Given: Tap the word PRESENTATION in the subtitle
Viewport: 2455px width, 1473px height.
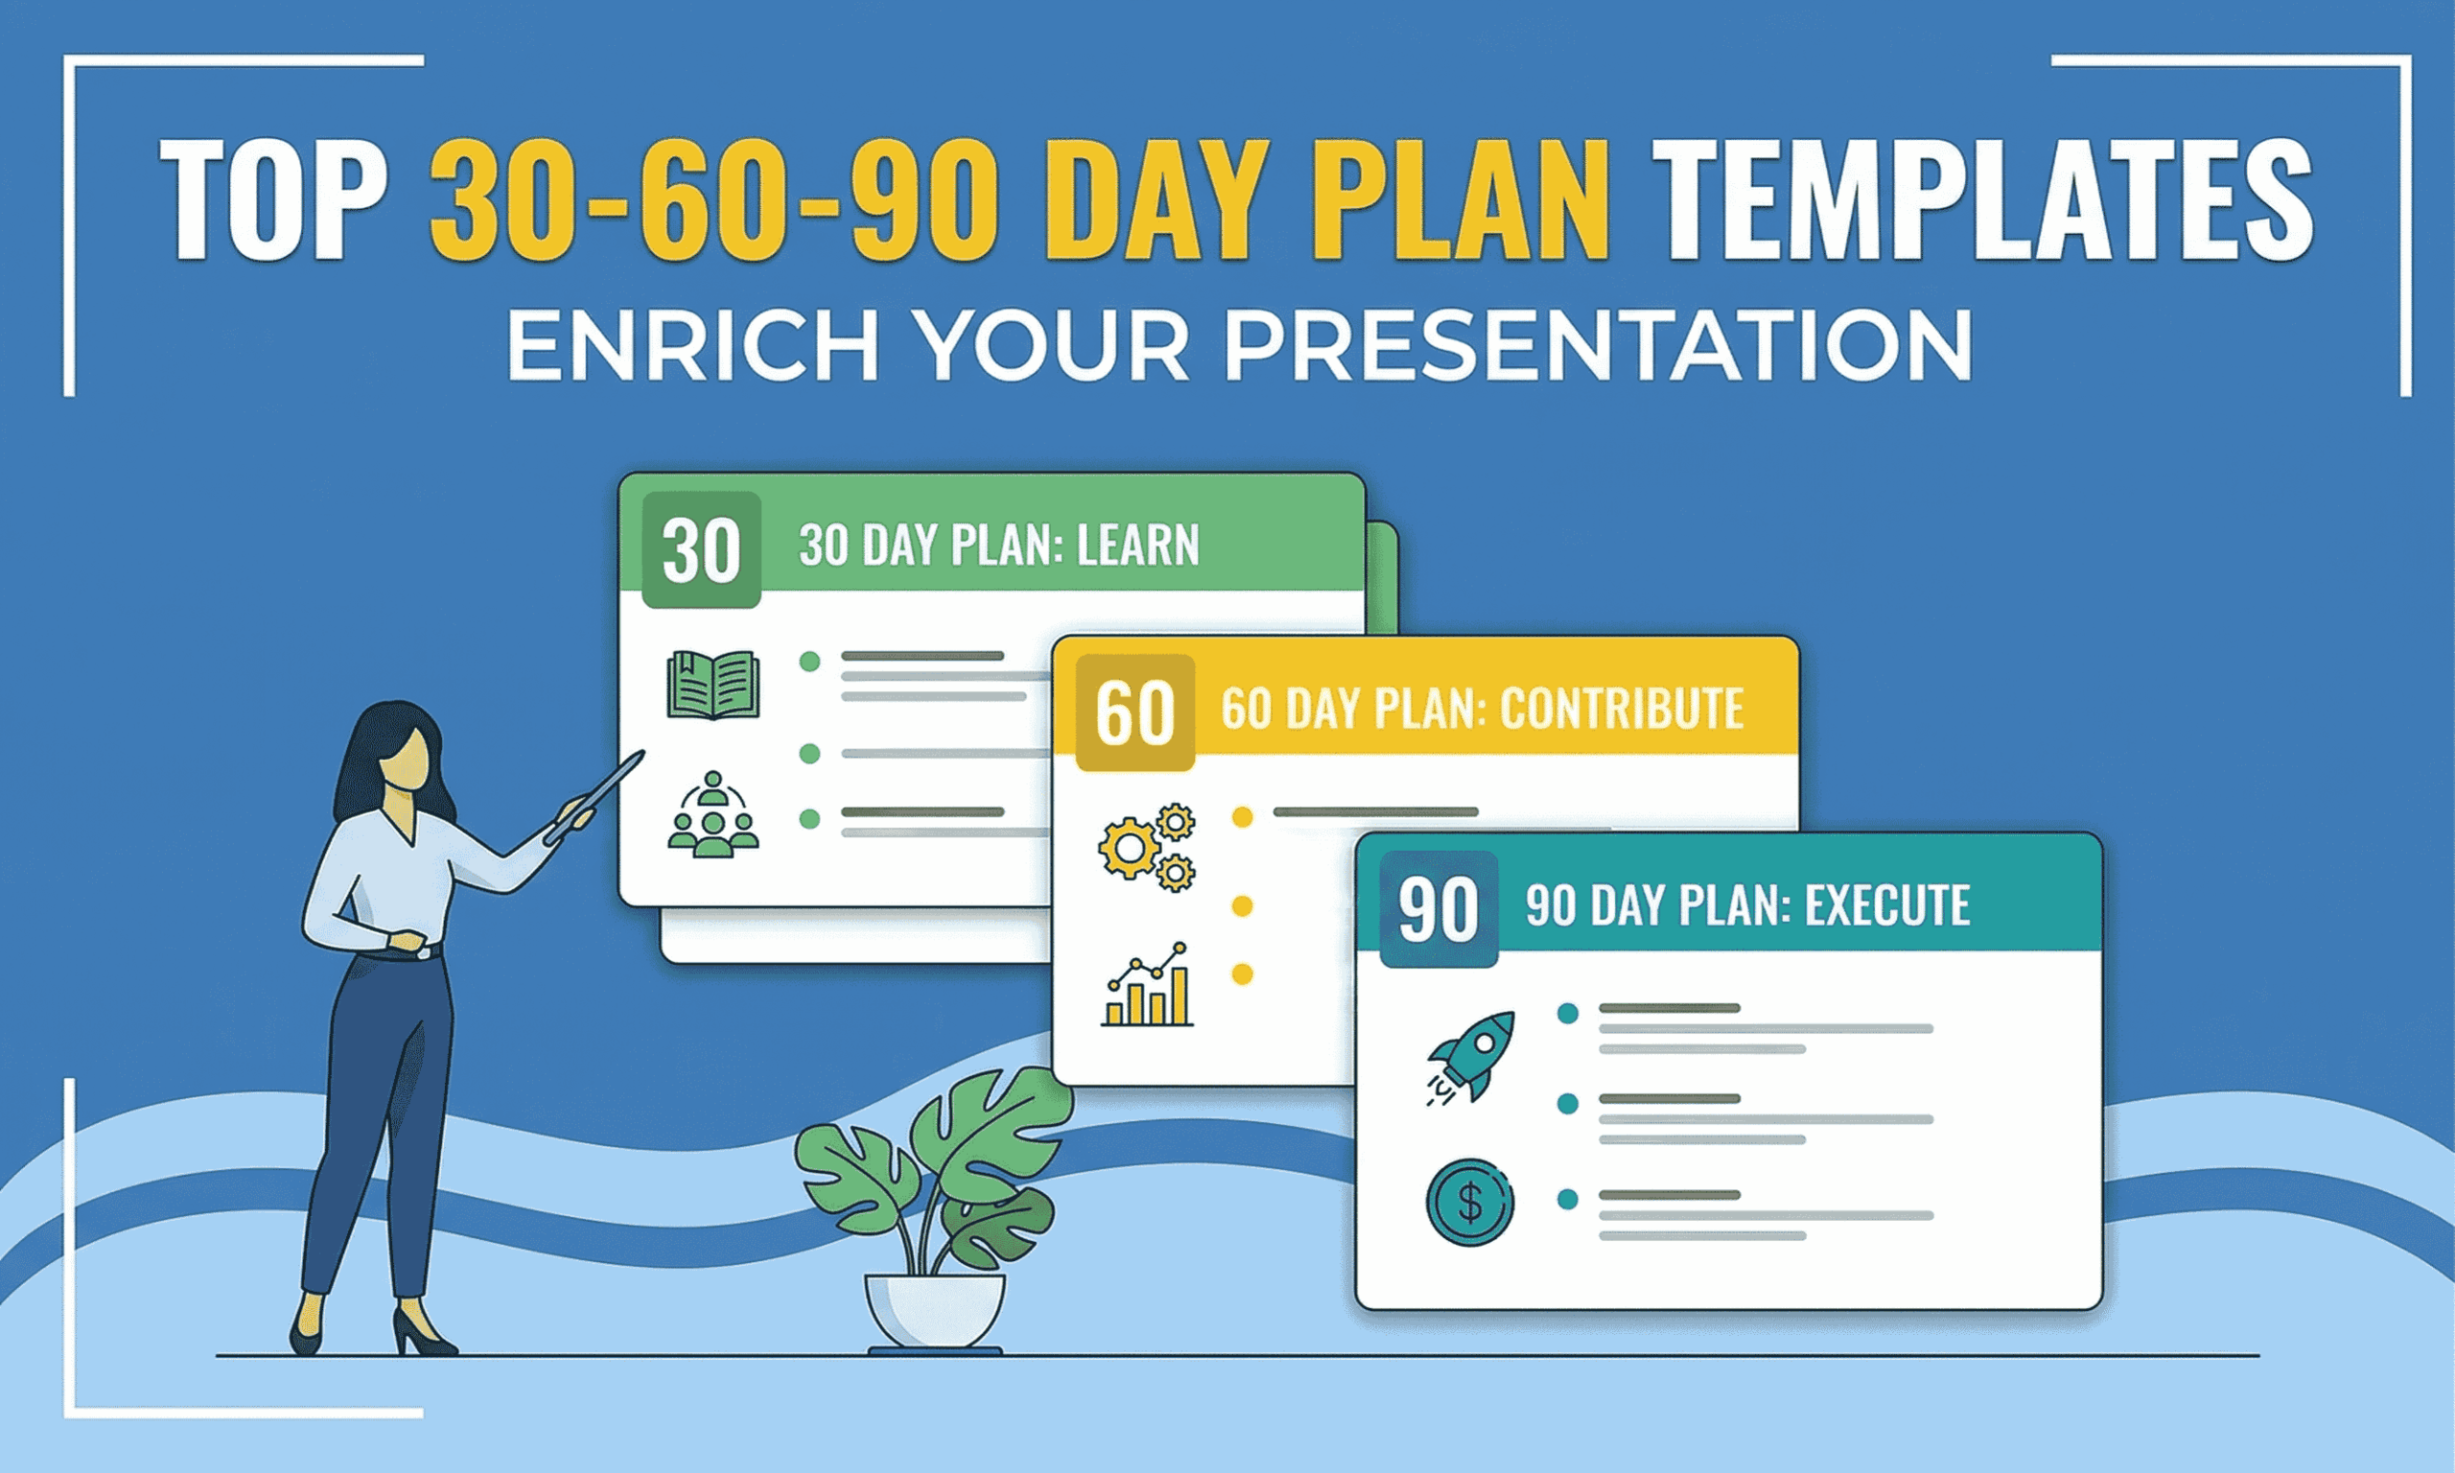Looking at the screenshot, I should point(1597,345).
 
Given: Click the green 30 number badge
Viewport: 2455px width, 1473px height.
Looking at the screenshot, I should point(701,549).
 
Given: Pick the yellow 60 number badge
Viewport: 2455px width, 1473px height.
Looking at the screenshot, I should point(1134,713).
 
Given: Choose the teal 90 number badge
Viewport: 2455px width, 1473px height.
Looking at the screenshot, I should point(1438,909).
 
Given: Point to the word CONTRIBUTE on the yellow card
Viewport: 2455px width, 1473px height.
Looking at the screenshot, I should point(1621,709).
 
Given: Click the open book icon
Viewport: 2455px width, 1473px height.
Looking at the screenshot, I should point(713,685).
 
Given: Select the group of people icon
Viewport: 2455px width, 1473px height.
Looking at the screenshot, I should point(713,816).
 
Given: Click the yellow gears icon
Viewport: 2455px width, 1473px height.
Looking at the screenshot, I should point(1146,846).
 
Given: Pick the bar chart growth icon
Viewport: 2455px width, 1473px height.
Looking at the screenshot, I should point(1147,985).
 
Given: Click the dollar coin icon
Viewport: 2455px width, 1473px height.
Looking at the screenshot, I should point(1469,1203).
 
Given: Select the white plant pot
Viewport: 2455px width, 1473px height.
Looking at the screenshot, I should point(934,1309).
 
